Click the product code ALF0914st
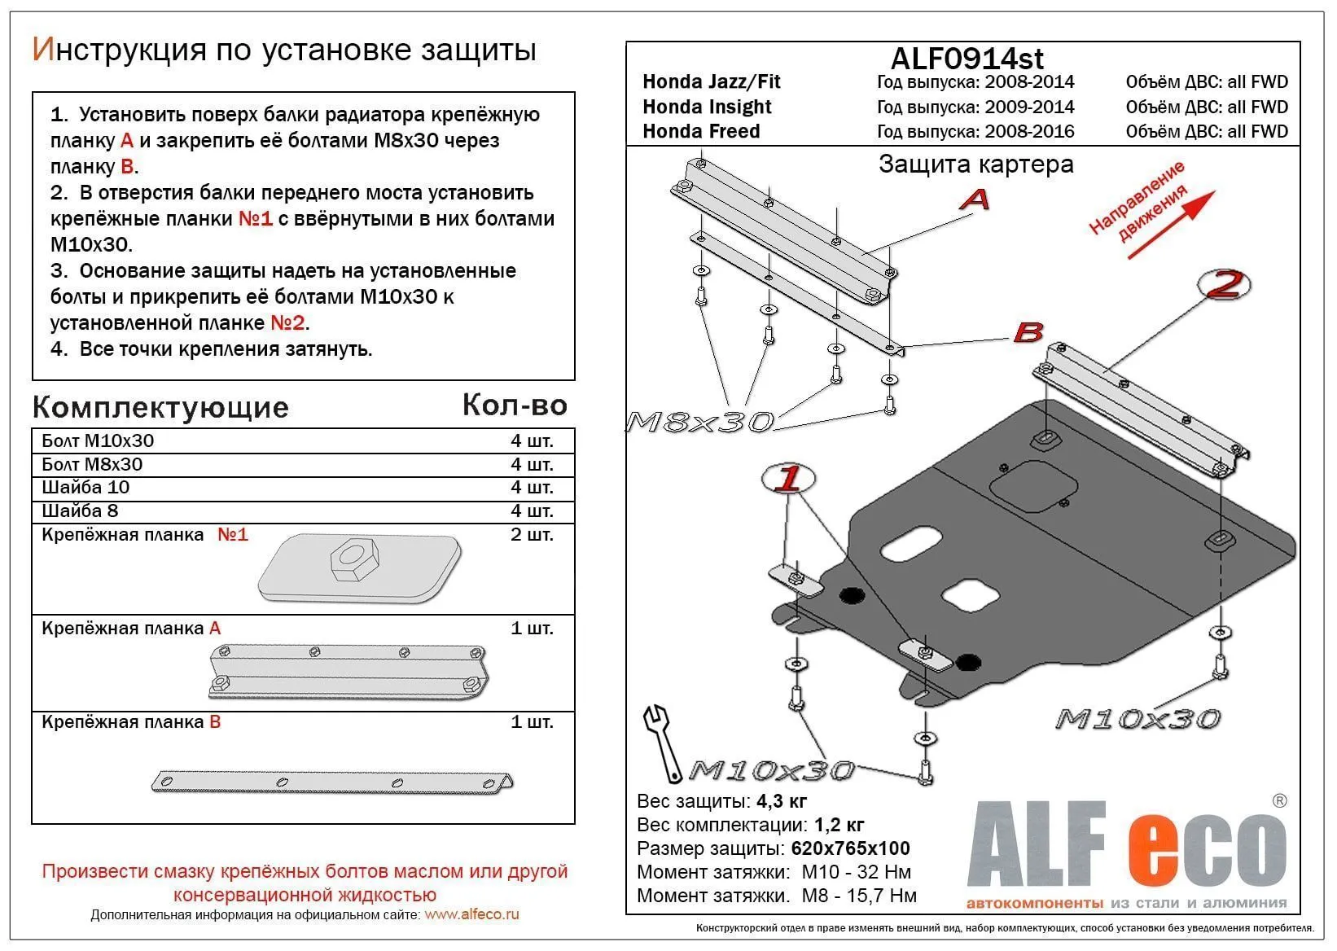click(967, 58)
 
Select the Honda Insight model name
click(707, 107)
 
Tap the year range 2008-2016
click(1029, 131)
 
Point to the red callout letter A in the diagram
click(974, 199)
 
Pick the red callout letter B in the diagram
click(1028, 331)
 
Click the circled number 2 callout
click(1224, 284)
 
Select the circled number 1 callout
click(787, 479)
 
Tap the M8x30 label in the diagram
click(699, 421)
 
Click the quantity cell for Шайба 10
click(531, 487)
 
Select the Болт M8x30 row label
click(92, 464)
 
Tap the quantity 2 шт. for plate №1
click(531, 535)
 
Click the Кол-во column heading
click(514, 405)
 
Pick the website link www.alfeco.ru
click(471, 914)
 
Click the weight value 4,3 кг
click(782, 800)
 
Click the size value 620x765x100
click(850, 848)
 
